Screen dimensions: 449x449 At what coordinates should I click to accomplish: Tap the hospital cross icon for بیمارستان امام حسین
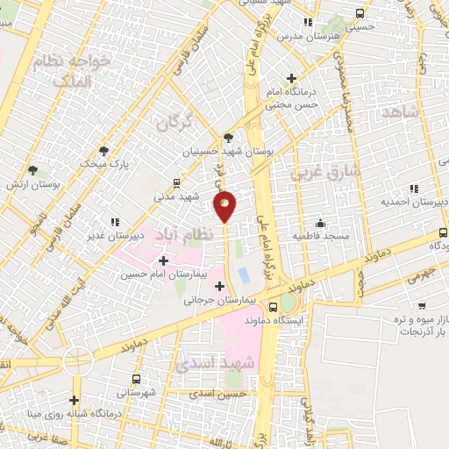164,260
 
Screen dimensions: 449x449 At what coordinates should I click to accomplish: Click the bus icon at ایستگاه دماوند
274,307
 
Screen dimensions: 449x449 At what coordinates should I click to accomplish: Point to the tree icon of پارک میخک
104,150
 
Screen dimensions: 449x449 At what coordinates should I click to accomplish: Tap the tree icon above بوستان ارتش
32,169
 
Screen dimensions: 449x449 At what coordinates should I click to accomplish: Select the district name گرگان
174,123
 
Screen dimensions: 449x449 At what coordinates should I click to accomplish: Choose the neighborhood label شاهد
402,113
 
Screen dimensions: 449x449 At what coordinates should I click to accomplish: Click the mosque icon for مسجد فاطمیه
321,222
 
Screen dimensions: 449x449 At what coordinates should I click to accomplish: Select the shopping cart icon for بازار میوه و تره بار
424,307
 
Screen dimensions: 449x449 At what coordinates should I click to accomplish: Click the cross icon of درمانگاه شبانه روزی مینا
76,400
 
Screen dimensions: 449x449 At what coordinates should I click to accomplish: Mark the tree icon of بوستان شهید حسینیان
228,137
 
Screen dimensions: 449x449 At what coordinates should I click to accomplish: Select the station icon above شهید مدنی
177,183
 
